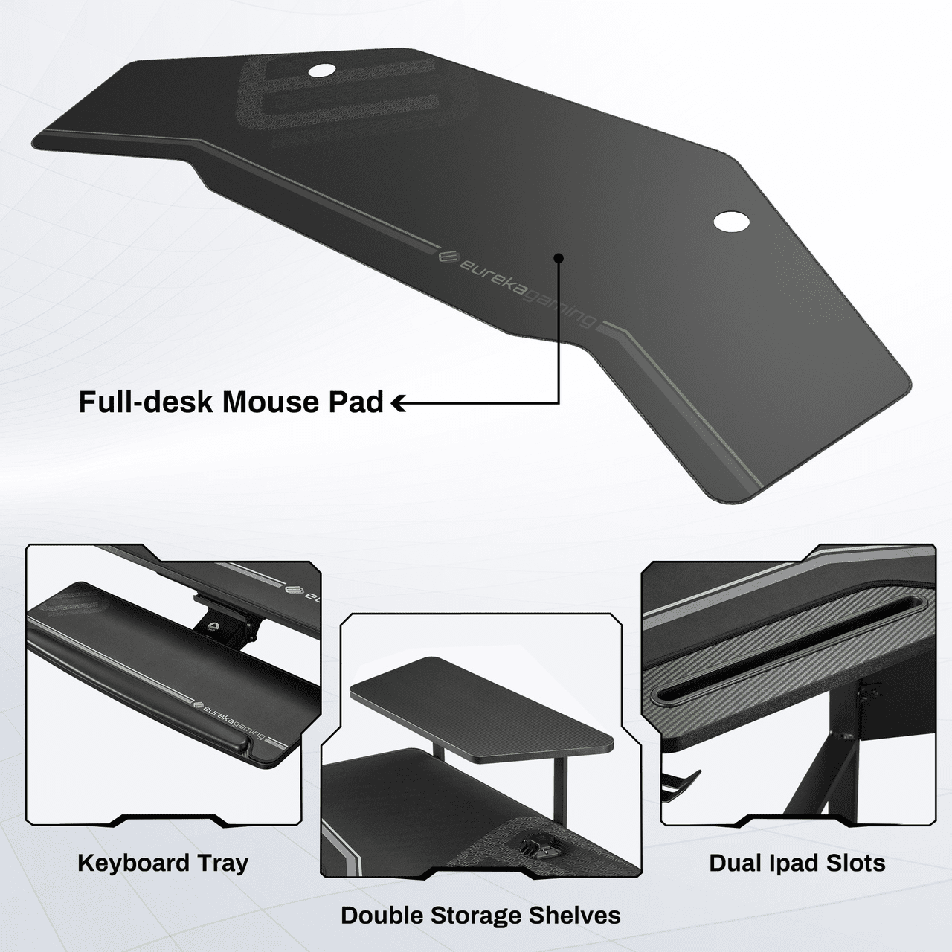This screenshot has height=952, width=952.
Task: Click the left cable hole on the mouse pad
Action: pos(323,71)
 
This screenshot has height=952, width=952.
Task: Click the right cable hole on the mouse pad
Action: pos(732,221)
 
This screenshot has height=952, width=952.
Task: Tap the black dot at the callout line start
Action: pos(559,258)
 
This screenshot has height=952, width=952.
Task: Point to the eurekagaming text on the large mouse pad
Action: pos(527,289)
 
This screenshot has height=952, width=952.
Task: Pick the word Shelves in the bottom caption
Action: pos(575,916)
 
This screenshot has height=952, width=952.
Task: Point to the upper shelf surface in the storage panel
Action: pos(481,700)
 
